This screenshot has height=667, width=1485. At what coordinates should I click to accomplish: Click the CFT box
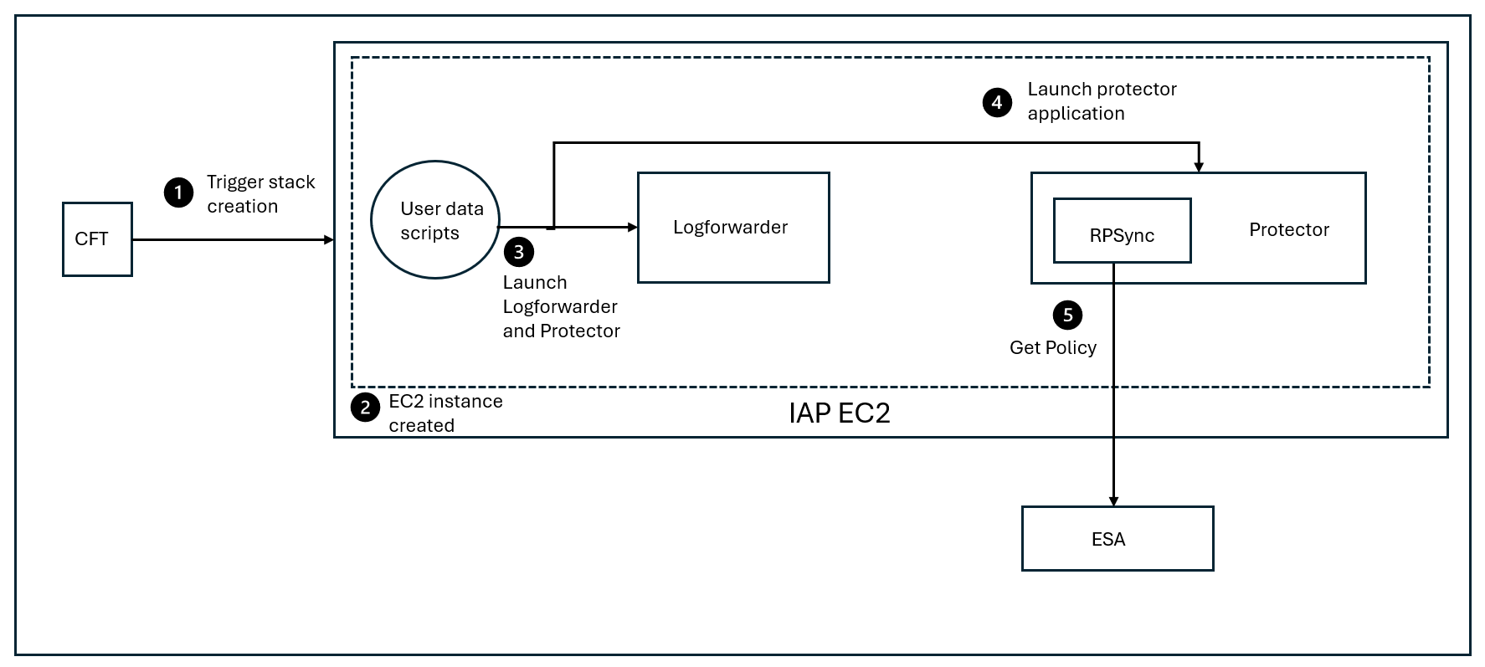tap(97, 239)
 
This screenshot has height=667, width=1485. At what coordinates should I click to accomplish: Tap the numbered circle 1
tap(178, 193)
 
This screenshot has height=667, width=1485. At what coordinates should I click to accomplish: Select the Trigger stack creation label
tap(260, 194)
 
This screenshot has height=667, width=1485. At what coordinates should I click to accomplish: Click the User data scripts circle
tap(435, 220)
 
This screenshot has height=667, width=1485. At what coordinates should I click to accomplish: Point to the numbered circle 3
tap(519, 251)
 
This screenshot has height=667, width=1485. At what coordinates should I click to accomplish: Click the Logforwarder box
tap(732, 228)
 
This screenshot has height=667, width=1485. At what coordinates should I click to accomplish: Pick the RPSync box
tap(1122, 231)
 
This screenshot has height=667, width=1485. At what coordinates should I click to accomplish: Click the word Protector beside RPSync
tap(1288, 230)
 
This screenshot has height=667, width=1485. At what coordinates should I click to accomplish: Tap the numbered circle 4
tap(996, 103)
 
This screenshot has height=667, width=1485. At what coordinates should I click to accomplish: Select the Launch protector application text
tap(1102, 101)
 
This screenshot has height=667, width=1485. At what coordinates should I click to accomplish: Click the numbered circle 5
tap(1067, 315)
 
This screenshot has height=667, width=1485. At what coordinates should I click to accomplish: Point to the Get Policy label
tap(1052, 347)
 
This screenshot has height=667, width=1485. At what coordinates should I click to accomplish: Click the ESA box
tap(1117, 539)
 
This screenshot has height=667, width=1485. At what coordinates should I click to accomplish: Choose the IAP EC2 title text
tap(839, 413)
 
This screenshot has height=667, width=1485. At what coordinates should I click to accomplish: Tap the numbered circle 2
tap(364, 408)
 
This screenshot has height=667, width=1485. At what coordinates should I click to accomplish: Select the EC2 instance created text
tap(444, 413)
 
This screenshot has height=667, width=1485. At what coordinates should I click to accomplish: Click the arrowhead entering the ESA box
tap(1113, 501)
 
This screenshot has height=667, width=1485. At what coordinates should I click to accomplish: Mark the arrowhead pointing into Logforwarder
tap(633, 227)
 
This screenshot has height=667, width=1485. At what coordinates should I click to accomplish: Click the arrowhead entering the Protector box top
tap(1199, 167)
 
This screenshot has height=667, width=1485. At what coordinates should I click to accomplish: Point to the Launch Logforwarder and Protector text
tap(560, 307)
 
